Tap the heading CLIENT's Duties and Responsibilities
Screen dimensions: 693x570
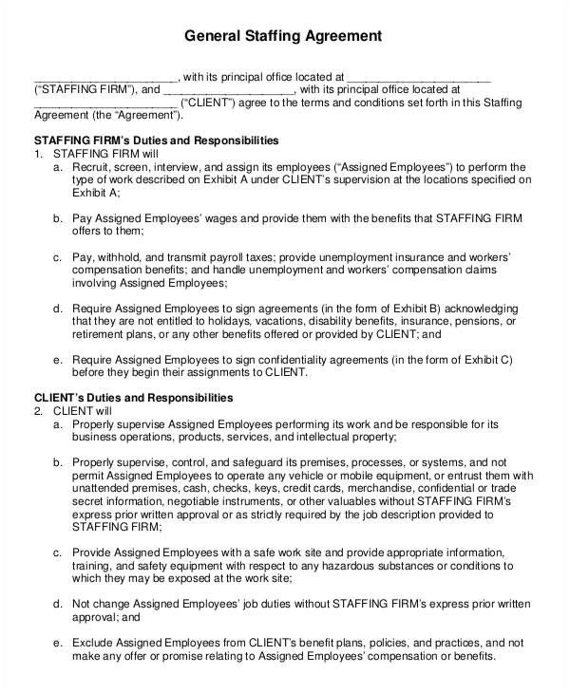tap(133, 397)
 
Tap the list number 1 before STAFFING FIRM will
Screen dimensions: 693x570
tap(38, 153)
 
